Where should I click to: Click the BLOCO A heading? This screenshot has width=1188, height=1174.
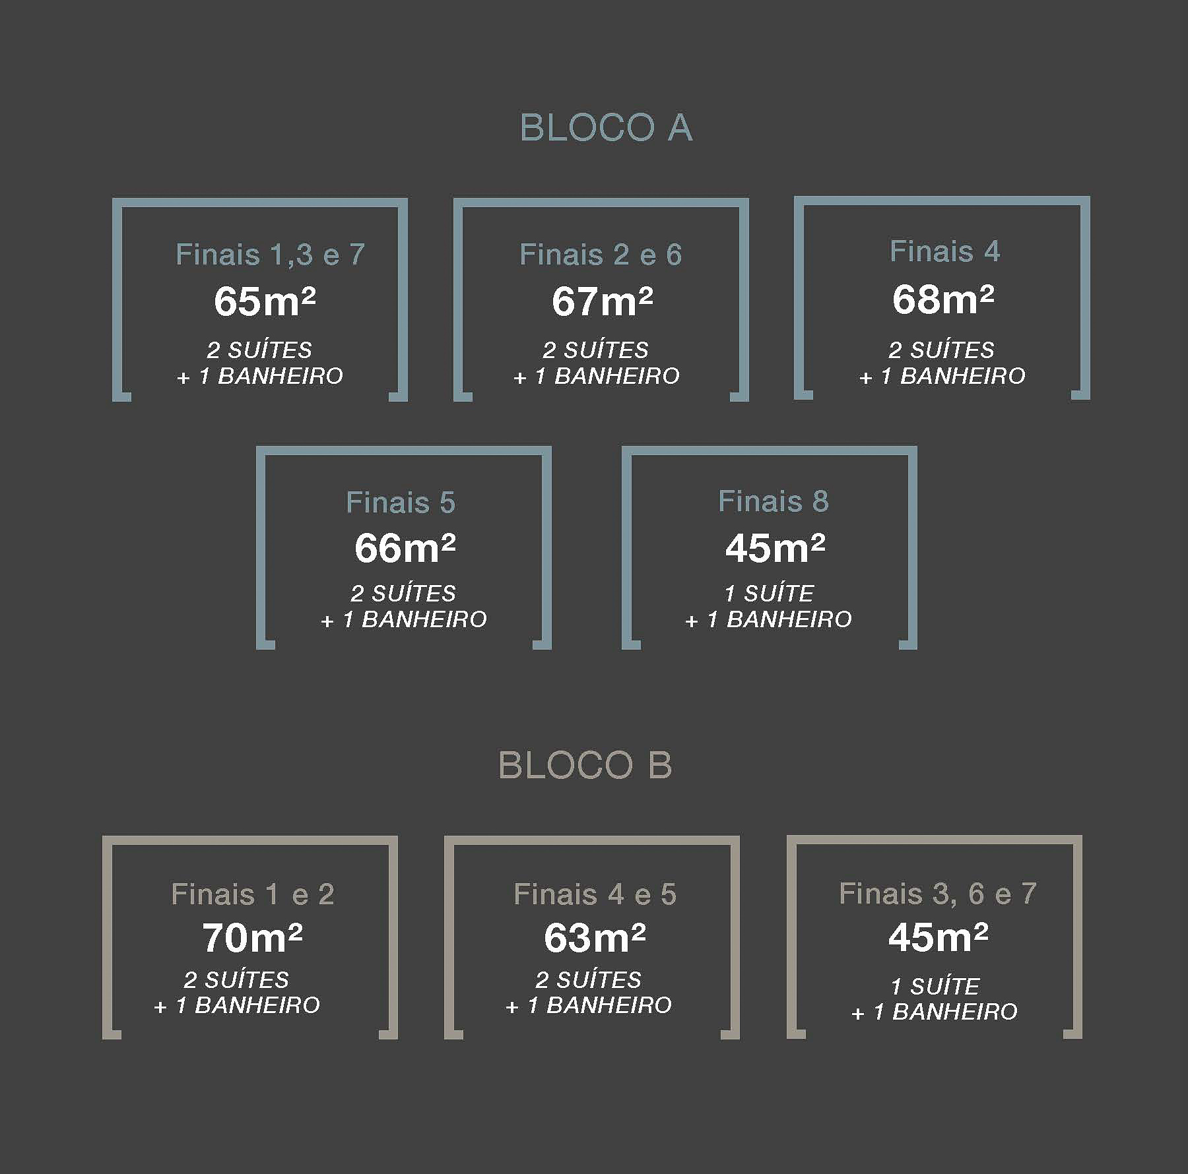click(606, 127)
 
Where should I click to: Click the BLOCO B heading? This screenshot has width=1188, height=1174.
click(585, 765)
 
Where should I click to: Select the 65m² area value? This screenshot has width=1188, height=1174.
click(265, 301)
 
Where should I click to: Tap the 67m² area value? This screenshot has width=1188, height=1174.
click(602, 301)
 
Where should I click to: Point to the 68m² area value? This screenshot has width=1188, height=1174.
click(943, 299)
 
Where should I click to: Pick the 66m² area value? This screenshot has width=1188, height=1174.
click(405, 547)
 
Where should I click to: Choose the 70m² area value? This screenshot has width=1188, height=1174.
click(252, 937)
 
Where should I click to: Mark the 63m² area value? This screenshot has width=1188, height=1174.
click(595, 937)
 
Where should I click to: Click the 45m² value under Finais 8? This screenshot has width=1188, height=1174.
click(775, 547)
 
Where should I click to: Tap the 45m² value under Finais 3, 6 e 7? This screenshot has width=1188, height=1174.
click(939, 937)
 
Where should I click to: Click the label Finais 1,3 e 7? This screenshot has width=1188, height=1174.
click(270, 255)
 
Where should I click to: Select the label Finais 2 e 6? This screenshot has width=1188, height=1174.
click(601, 255)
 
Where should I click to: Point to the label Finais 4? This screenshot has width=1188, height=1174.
click(945, 251)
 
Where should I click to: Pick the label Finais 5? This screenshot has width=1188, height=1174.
click(401, 503)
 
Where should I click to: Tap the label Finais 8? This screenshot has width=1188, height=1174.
click(774, 501)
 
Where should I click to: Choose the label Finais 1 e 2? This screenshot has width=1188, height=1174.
click(253, 894)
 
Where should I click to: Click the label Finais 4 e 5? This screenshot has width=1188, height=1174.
click(595, 894)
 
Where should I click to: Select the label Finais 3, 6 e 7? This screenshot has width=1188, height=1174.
click(938, 894)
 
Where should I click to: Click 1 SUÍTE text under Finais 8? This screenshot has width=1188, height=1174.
click(770, 594)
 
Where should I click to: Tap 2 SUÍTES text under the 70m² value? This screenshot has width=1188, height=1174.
click(236, 980)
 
